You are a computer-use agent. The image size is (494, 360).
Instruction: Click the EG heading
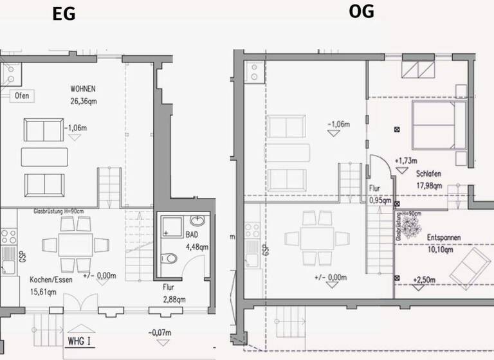pos(64,14)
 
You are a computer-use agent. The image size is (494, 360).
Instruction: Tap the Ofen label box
pos(21,96)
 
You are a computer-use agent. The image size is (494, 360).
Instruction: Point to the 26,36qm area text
pos(84,100)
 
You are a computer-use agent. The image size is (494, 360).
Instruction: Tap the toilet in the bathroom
pos(169,259)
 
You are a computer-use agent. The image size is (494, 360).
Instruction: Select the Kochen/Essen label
pos(51,280)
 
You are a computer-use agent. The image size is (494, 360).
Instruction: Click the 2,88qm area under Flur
pos(173,299)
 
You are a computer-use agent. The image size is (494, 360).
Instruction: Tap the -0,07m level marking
pos(159,332)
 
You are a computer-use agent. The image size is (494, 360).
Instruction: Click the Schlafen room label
pos(428,174)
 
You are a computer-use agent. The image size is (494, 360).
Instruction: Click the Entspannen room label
pos(444,237)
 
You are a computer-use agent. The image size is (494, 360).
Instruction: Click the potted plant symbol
pos(409,224)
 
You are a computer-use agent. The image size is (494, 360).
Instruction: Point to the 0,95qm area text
pos(380,201)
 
